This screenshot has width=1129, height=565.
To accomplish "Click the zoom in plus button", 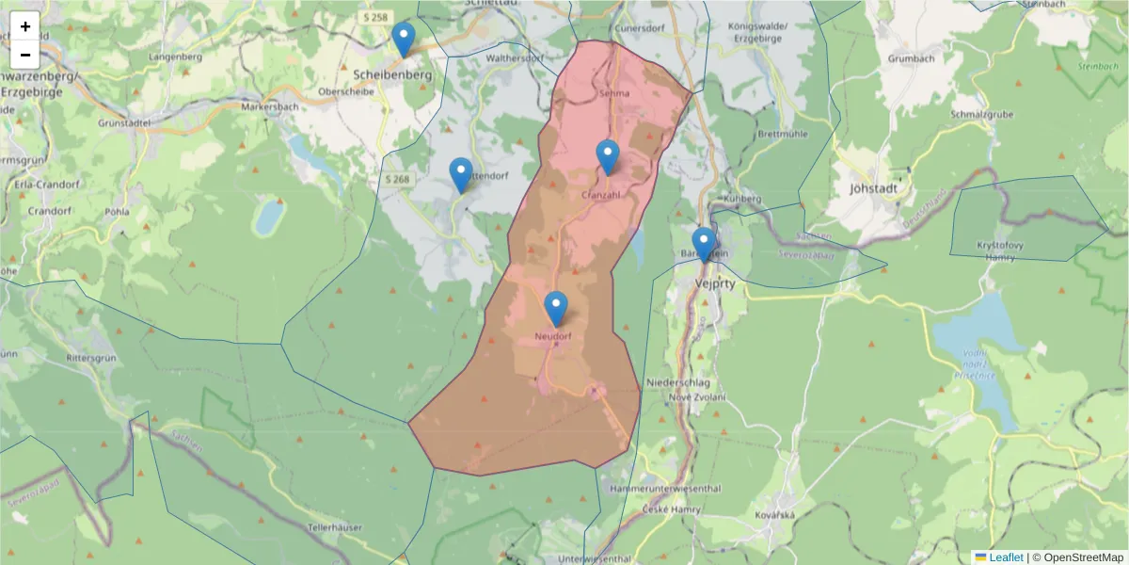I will [x=25, y=26].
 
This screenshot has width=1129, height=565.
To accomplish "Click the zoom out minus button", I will [x=25, y=54].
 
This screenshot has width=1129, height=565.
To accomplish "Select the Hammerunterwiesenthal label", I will [x=664, y=489].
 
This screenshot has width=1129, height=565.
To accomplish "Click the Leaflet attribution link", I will [x=1006, y=557].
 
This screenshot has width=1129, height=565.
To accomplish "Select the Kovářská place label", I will [x=775, y=515].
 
